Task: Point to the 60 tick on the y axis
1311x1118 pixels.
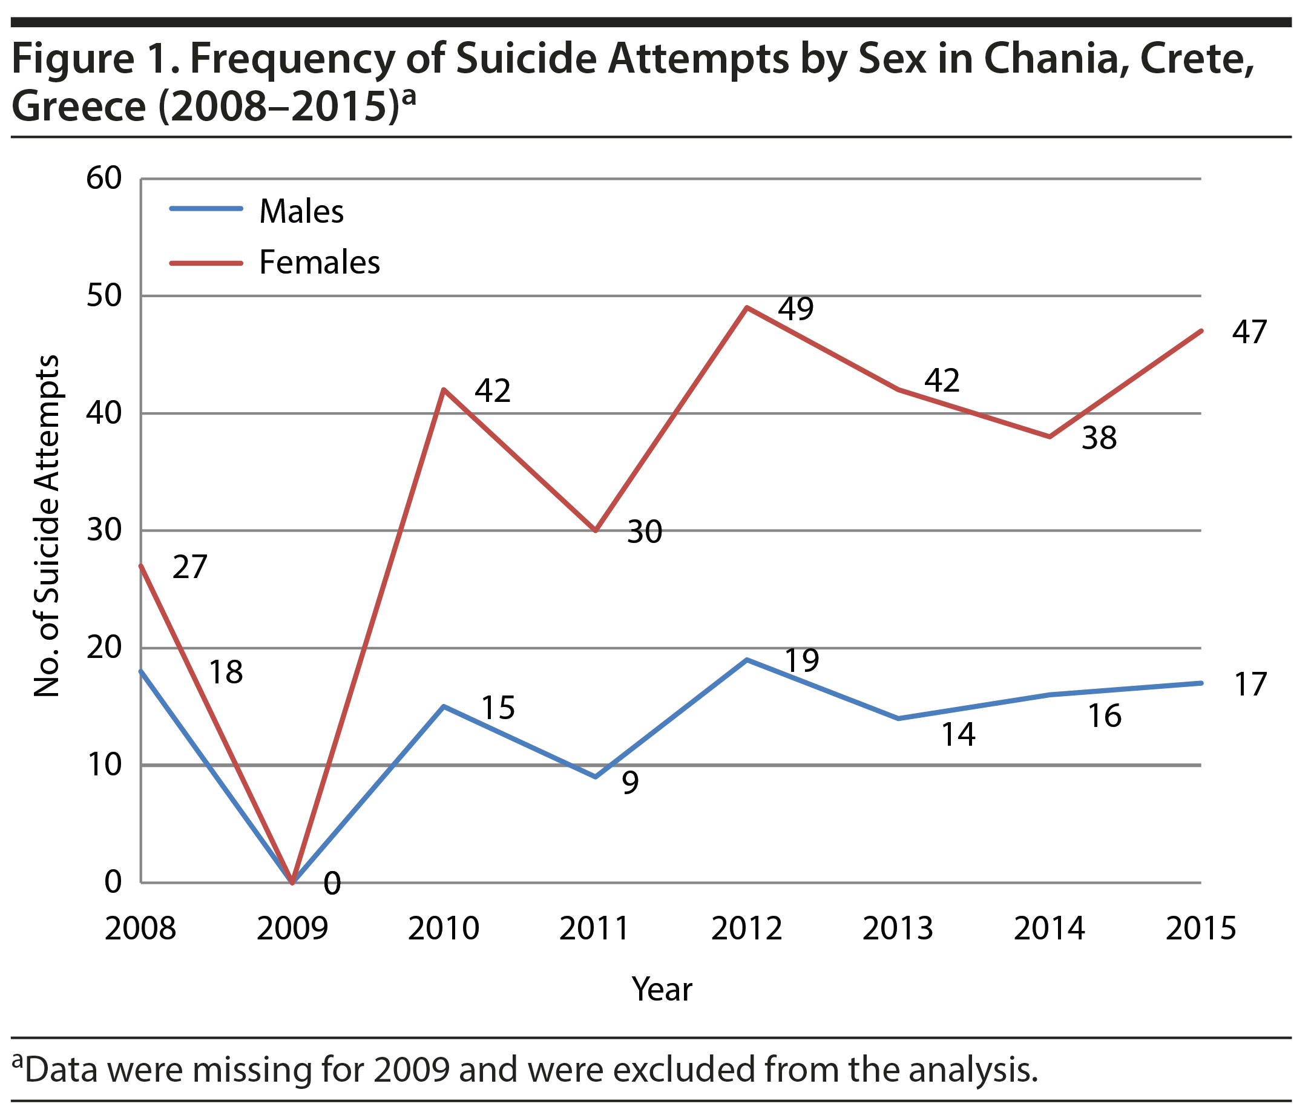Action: [x=103, y=179]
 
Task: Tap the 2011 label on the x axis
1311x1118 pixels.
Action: [x=595, y=929]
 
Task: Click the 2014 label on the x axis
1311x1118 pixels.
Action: [x=1050, y=929]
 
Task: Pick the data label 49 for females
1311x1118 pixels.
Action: [x=795, y=309]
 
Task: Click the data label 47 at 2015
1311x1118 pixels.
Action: [x=1250, y=332]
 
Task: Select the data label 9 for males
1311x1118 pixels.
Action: [x=630, y=783]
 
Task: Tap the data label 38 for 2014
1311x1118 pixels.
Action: [x=1099, y=438]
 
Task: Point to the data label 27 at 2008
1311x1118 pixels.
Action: [x=190, y=567]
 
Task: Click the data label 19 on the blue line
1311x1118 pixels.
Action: [x=801, y=660]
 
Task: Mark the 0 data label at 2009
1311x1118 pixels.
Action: [x=332, y=884]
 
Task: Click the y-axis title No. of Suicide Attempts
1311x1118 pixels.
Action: [x=47, y=527]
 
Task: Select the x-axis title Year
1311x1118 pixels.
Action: [x=662, y=989]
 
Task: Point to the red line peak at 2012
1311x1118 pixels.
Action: [x=747, y=307]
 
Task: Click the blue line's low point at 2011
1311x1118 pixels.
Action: [x=596, y=777]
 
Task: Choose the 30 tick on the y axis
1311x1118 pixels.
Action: [x=103, y=530]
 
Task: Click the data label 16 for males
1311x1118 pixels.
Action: [x=1105, y=716]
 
